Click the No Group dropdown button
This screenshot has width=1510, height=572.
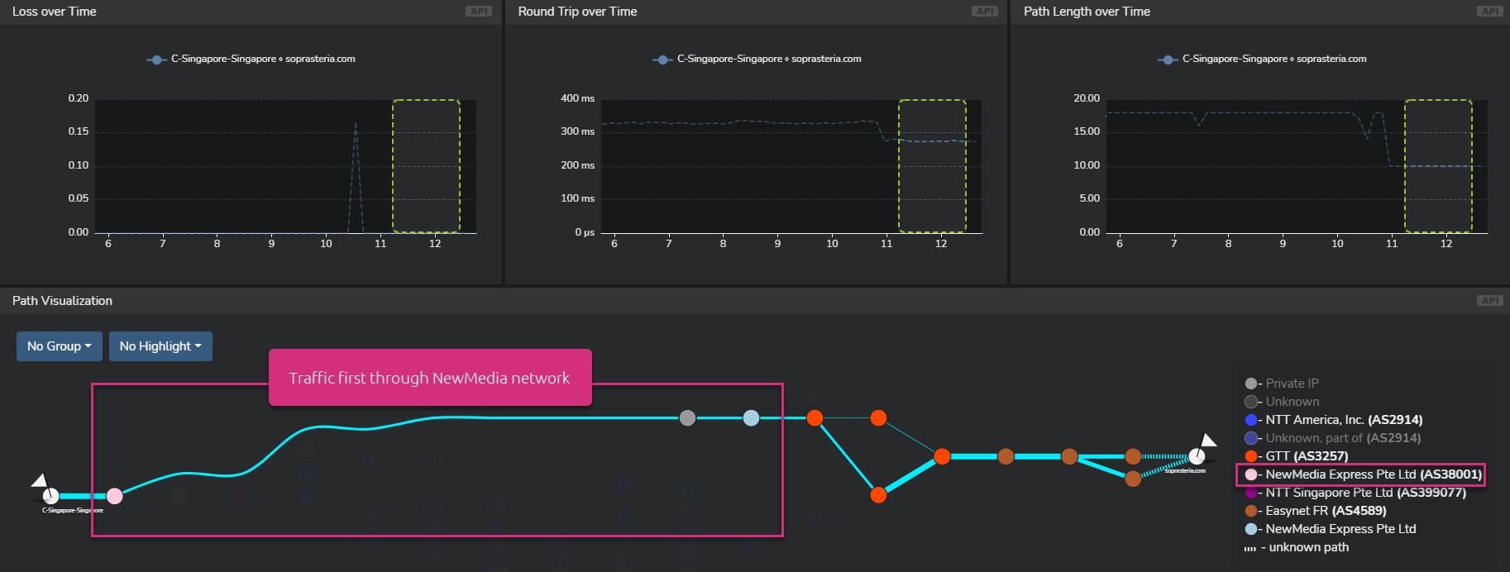(x=59, y=346)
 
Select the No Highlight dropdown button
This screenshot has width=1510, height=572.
(x=160, y=346)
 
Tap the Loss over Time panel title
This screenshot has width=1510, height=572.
(x=55, y=12)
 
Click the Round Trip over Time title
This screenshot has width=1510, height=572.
(x=577, y=12)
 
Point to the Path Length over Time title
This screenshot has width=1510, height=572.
(x=1087, y=12)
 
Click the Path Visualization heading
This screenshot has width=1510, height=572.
(x=62, y=301)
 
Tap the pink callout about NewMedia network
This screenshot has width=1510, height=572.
(x=429, y=378)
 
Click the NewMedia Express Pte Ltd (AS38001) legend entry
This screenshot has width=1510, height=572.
(x=1373, y=474)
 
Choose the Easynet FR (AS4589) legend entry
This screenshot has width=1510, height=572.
(x=1325, y=511)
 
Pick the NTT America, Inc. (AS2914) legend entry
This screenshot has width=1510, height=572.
(x=1343, y=420)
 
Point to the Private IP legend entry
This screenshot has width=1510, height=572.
(x=1291, y=384)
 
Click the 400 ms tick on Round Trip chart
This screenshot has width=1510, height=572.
(x=577, y=98)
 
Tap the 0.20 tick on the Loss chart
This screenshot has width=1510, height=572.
(x=79, y=98)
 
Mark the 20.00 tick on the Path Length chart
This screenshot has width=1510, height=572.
(x=1087, y=98)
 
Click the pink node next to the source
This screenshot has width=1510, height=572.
(x=115, y=496)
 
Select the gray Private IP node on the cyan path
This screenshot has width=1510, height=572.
(x=687, y=418)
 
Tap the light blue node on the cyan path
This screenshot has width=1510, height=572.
(x=751, y=418)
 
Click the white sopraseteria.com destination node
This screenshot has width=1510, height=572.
(x=1197, y=456)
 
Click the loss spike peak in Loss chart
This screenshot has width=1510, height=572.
(x=356, y=124)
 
